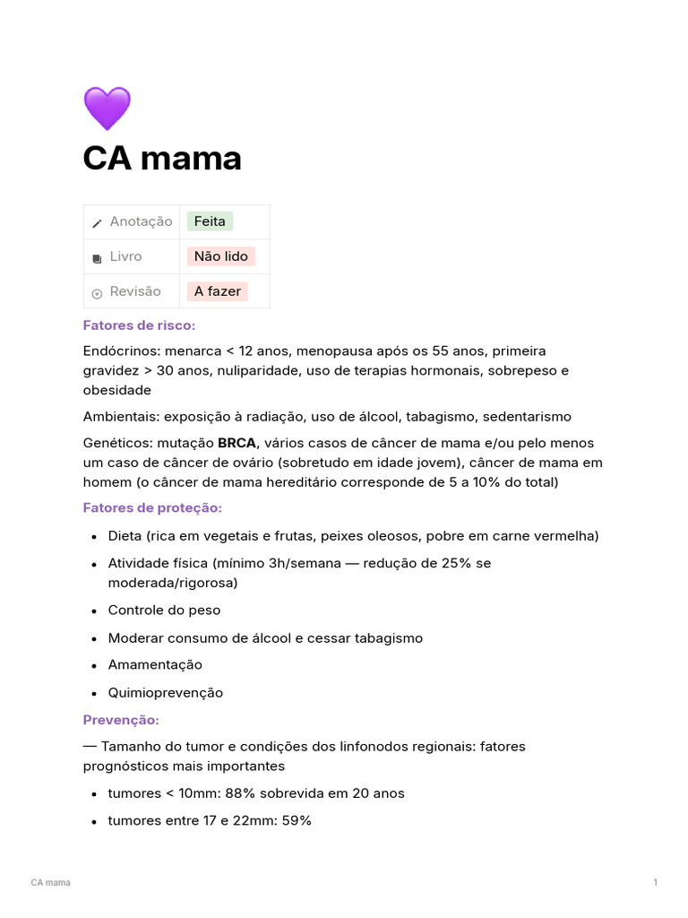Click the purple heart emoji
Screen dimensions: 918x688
[107, 109]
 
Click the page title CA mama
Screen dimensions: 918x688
[162, 159]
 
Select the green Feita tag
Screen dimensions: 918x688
[210, 221]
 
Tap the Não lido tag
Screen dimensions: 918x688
[220, 256]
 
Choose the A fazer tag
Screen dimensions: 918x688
[217, 291]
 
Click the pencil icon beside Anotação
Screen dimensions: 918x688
[97, 223]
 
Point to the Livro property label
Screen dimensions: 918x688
[125, 256]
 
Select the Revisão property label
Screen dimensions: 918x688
[135, 291]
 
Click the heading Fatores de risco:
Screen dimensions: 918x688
[139, 325]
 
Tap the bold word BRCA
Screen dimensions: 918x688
[237, 443]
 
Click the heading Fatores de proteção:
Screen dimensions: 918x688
[152, 508]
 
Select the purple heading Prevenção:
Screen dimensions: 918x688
[121, 720]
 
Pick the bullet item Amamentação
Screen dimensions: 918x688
[155, 664]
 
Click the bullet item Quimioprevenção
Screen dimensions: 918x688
[166, 693]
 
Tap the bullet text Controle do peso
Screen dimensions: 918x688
[164, 611]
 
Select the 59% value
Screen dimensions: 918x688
[297, 820]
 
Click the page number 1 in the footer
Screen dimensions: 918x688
[655, 883]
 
